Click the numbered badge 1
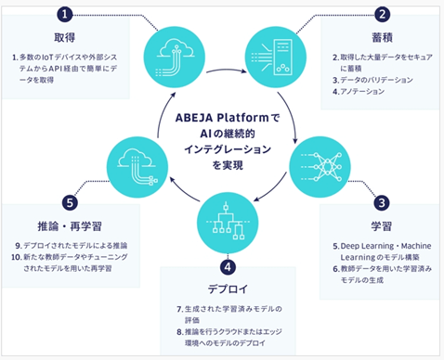tap(64, 14)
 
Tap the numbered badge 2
tap(382, 14)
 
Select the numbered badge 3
tap(382, 203)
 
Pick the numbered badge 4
tap(228, 267)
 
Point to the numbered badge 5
tap(70, 203)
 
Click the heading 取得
tap(65, 38)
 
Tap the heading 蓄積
tap(383, 38)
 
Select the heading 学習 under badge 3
tap(382, 226)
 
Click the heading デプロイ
tap(228, 289)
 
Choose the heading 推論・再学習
tap(70, 226)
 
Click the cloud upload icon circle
tap(175, 58)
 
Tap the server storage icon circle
tap(276, 58)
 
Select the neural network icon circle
tap(320, 167)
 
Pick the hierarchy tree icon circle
tap(228, 223)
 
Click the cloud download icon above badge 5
tap(137, 167)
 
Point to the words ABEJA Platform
tap(222, 118)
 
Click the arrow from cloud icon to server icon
tap(226, 70)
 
